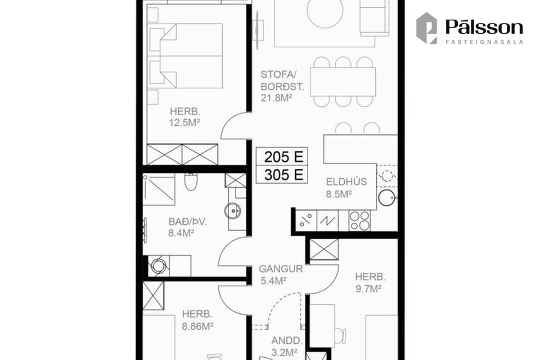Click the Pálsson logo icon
click(x=427, y=28)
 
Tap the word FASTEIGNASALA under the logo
click(x=484, y=42)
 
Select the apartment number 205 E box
click(x=282, y=157)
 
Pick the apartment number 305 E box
click(x=282, y=175)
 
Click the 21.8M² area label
click(x=277, y=98)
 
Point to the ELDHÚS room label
click(x=346, y=182)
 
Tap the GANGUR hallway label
click(x=281, y=269)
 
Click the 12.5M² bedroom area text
click(x=185, y=123)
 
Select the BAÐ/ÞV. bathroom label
click(x=188, y=222)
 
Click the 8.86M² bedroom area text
click(x=197, y=326)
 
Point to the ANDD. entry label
click(x=286, y=341)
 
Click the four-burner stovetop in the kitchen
click(x=360, y=221)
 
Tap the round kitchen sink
click(x=386, y=198)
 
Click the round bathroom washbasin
click(x=233, y=211)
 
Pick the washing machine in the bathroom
click(x=159, y=265)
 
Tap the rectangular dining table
click(x=343, y=82)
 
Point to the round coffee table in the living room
click(x=325, y=10)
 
